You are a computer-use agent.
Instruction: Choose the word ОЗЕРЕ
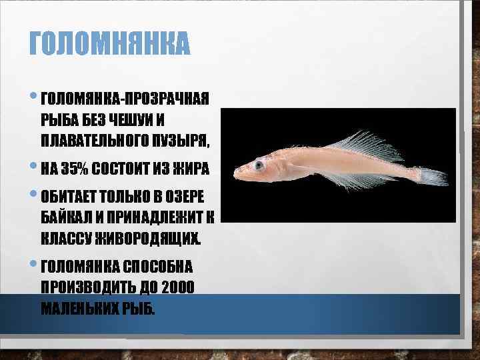point(187,197)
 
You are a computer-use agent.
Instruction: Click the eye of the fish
point(258,163)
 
